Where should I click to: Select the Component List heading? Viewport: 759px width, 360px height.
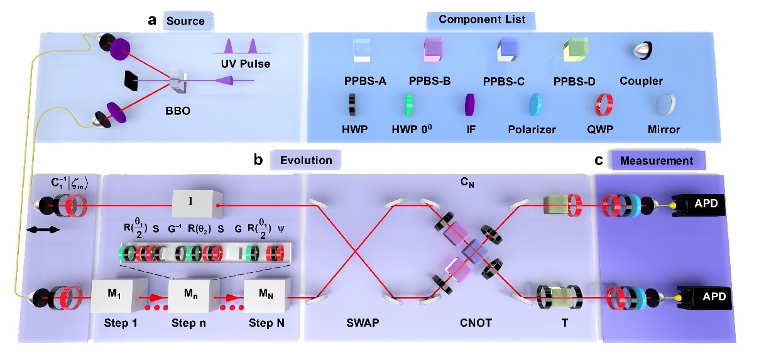[482, 20]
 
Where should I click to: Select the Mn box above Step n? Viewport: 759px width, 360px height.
[188, 295]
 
